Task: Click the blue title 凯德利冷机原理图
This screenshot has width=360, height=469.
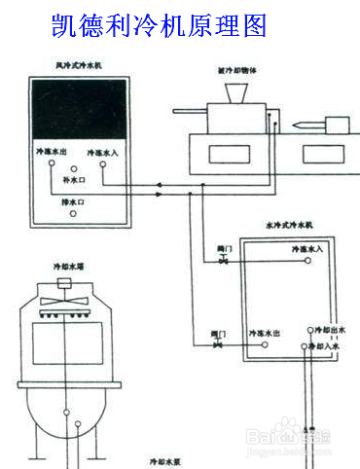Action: point(159,26)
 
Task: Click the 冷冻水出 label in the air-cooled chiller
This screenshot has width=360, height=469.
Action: point(51,152)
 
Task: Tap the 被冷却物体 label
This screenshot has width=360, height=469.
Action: point(234,71)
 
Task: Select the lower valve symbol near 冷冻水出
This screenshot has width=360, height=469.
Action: point(218,346)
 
